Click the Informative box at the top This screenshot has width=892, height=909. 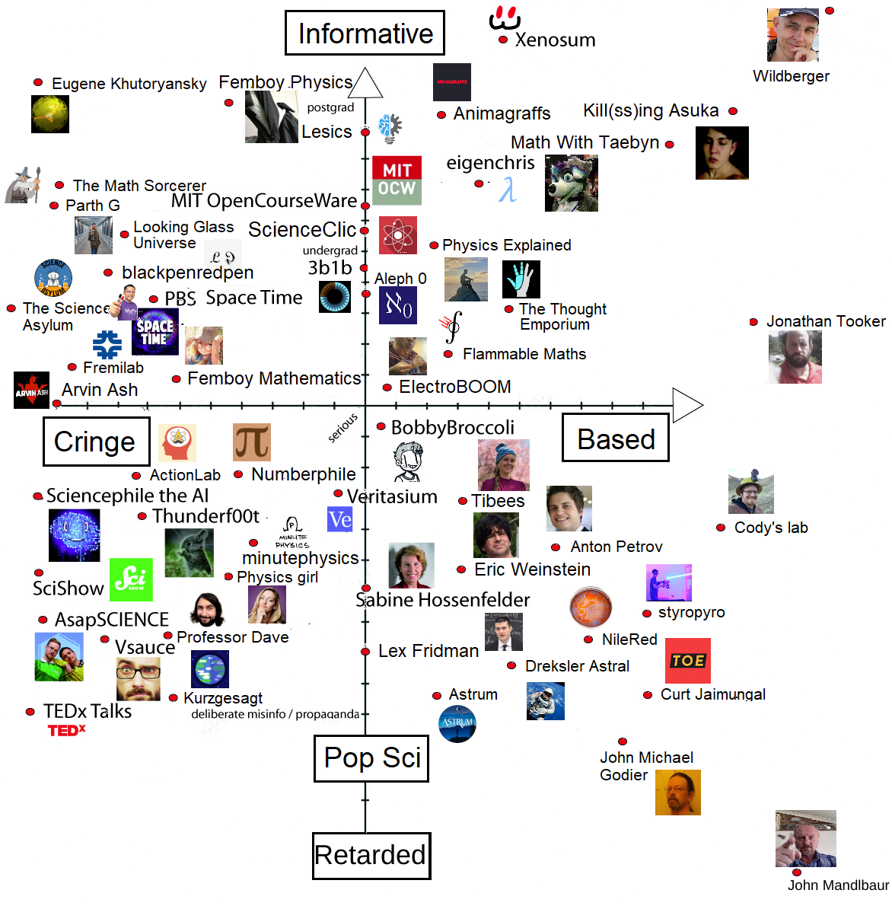[x=365, y=33]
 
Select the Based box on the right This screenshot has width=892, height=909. [x=615, y=438]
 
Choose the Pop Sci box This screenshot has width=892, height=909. [x=371, y=757]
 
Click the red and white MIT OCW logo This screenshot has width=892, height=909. [x=397, y=180]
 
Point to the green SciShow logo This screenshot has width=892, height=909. [x=131, y=579]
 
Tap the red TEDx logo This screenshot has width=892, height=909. [x=67, y=731]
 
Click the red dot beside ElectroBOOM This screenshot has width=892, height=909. [x=387, y=388]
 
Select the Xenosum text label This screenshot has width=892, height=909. [x=555, y=40]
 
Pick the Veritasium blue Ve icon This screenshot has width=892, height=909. [x=339, y=520]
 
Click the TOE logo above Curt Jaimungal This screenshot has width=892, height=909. [x=688, y=661]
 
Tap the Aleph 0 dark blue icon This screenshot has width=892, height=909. [x=397, y=305]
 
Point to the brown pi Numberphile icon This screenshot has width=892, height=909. [x=252, y=442]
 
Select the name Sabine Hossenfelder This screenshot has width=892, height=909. [x=443, y=600]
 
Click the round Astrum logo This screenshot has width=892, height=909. [x=457, y=723]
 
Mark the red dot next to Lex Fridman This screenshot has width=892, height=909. [x=365, y=652]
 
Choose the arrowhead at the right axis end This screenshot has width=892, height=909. [x=687, y=405]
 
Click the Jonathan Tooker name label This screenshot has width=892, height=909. [x=826, y=321]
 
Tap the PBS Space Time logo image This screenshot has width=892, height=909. [x=155, y=332]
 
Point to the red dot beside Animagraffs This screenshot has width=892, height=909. [x=441, y=115]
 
